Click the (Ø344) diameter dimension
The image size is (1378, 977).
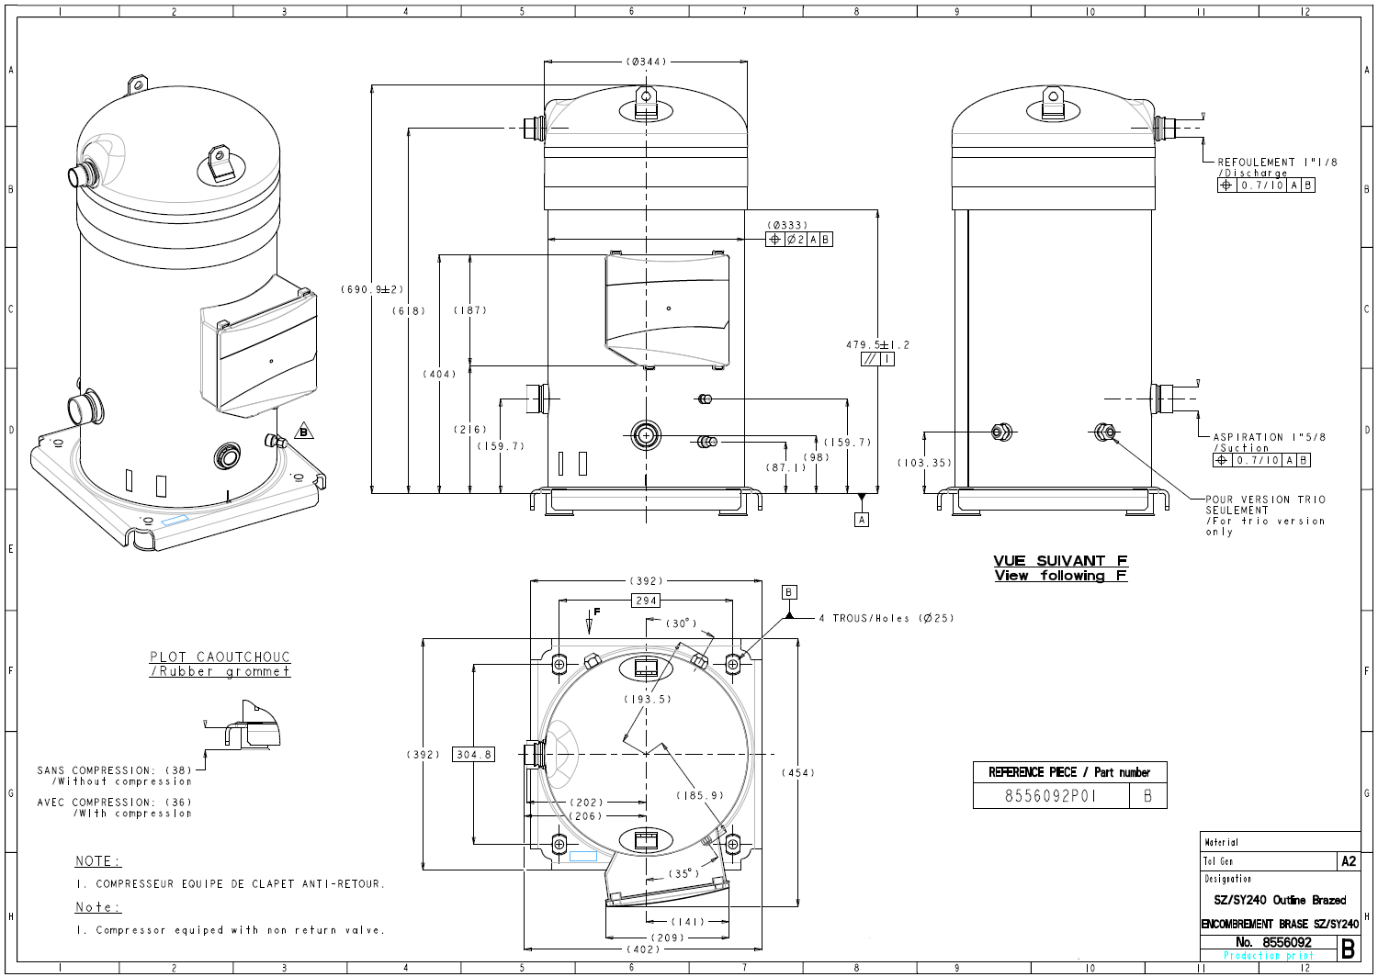tap(646, 62)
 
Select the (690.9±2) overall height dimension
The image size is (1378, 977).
tap(372, 289)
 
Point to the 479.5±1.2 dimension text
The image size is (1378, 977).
tap(877, 345)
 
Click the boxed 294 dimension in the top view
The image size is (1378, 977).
tap(646, 601)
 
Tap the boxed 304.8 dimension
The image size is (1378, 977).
tap(473, 754)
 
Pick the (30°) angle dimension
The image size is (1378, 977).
tap(681, 623)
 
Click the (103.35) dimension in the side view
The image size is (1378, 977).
tap(924, 463)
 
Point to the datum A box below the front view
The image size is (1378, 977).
tap(862, 520)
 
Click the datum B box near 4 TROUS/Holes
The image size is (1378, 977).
tap(788, 592)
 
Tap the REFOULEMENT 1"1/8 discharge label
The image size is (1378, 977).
tap(1277, 163)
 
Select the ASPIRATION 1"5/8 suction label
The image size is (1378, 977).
tap(1269, 438)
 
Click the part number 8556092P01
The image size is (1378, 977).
tap(1050, 796)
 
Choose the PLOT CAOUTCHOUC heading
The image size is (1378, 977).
tap(220, 657)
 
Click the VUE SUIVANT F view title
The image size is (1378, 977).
tap(1059, 561)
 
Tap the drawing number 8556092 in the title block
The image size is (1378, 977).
tap(1286, 942)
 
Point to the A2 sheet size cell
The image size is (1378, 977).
tap(1348, 861)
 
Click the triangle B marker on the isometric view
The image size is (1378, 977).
tap(304, 432)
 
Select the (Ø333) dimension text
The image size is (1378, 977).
tap(787, 225)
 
